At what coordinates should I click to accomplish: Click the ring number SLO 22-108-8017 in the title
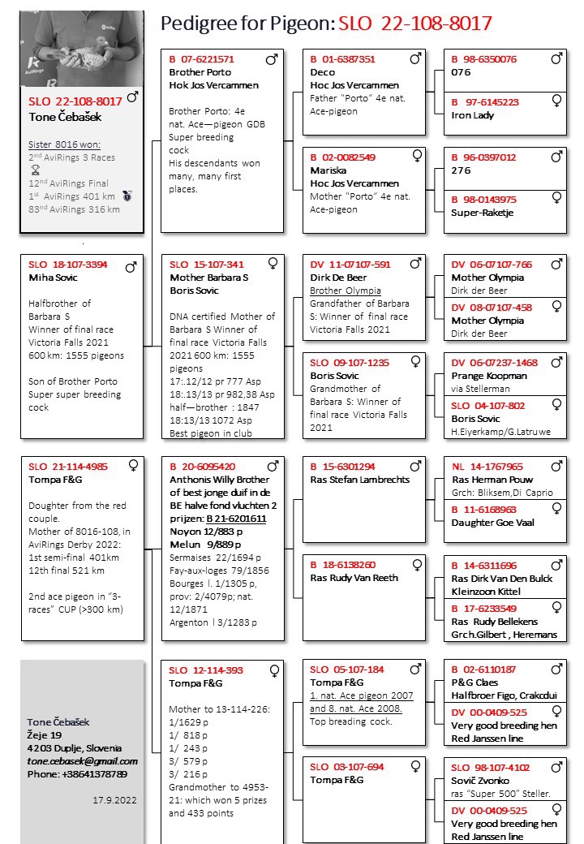click(414, 24)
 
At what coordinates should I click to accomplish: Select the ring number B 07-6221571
click(201, 59)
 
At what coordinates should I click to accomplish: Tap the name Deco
click(322, 72)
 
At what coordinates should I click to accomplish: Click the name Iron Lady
click(472, 115)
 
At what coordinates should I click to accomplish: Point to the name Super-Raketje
click(482, 213)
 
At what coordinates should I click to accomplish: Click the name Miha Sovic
click(54, 278)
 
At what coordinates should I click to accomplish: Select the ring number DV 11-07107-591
click(350, 265)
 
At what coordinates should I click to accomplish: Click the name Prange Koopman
click(488, 376)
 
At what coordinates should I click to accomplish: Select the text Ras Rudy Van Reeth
click(354, 578)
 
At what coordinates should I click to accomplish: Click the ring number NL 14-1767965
click(487, 467)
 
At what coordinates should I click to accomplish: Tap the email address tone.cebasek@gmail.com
click(82, 761)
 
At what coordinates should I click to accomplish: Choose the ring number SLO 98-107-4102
click(490, 767)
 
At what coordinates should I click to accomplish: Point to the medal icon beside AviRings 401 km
click(127, 196)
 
